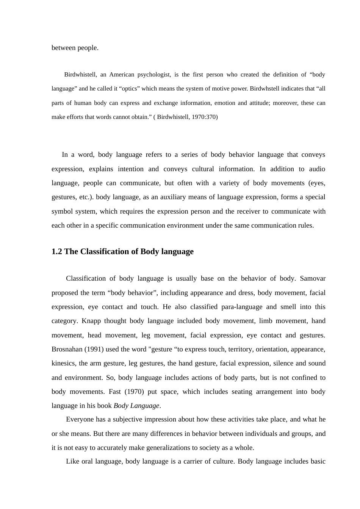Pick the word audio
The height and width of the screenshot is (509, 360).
pyautogui.click(x=317, y=169)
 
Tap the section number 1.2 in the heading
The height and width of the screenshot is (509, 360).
pyautogui.click(x=57, y=251)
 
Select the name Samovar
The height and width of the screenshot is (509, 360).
pyautogui.click(x=312, y=278)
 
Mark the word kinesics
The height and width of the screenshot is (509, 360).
pyautogui.click(x=63, y=363)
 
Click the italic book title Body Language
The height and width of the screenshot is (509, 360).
pyautogui.click(x=136, y=406)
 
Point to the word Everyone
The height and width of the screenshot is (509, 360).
pyautogui.click(x=79, y=419)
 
